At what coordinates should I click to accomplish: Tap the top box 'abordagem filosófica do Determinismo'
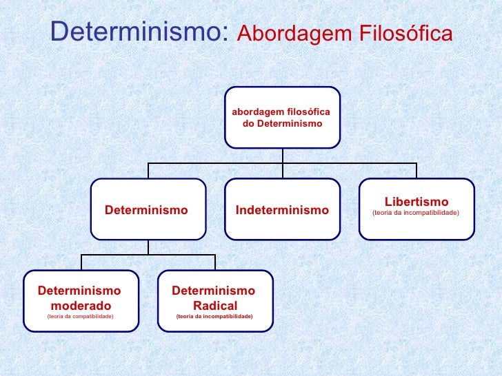[282, 118]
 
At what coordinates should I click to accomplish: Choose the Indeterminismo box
[282, 209]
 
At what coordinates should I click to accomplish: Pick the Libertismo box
[416, 209]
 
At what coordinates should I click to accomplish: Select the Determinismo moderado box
[81, 301]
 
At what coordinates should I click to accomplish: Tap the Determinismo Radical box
[215, 301]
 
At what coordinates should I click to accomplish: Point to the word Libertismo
[416, 202]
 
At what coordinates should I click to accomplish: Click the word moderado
[81, 305]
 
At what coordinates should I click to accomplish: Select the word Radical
[215, 305]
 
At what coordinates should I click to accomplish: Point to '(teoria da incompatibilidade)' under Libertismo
[416, 213]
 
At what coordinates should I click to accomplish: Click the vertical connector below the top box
[282, 156]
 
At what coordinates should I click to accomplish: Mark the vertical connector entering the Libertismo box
[416, 171]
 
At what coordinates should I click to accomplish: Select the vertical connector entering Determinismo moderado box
[81, 262]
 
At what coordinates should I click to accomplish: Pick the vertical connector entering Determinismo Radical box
[215, 262]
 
